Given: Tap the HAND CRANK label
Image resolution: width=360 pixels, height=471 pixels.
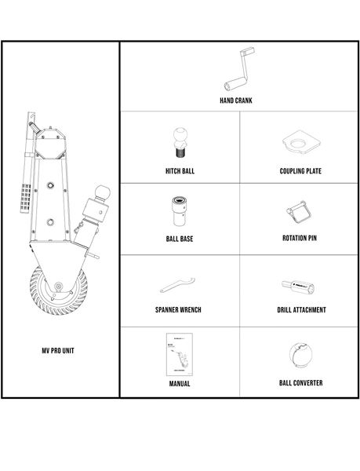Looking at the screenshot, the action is pyautogui.click(x=236, y=100).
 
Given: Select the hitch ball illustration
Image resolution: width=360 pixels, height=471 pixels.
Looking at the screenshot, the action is pyautogui.click(x=180, y=142).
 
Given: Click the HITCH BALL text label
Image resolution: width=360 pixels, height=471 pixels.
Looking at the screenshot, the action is pyautogui.click(x=180, y=171).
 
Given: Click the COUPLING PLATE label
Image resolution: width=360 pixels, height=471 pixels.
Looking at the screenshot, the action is pyautogui.click(x=300, y=171).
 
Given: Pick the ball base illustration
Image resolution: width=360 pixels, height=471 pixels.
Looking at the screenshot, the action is pyautogui.click(x=180, y=211).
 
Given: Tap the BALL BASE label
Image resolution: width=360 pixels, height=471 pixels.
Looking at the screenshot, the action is pyautogui.click(x=180, y=239).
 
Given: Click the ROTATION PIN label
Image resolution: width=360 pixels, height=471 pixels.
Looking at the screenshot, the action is pyautogui.click(x=300, y=238).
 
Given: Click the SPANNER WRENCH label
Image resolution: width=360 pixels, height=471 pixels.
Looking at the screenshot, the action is pyautogui.click(x=178, y=310).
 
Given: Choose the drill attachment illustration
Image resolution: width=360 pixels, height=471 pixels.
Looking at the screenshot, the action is pyautogui.click(x=298, y=287).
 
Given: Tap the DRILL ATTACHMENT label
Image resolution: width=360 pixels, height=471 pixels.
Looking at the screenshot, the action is pyautogui.click(x=301, y=310).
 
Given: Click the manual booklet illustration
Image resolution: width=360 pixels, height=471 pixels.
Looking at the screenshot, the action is pyautogui.click(x=180, y=355).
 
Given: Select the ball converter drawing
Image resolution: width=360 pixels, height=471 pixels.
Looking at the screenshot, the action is pyautogui.click(x=301, y=355).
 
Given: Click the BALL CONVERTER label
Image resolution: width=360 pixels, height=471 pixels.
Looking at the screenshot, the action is pyautogui.click(x=301, y=383).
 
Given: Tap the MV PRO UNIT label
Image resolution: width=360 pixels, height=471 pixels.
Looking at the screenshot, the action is pyautogui.click(x=58, y=351).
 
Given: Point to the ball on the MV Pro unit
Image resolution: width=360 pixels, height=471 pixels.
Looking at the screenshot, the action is pyautogui.click(x=102, y=192).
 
